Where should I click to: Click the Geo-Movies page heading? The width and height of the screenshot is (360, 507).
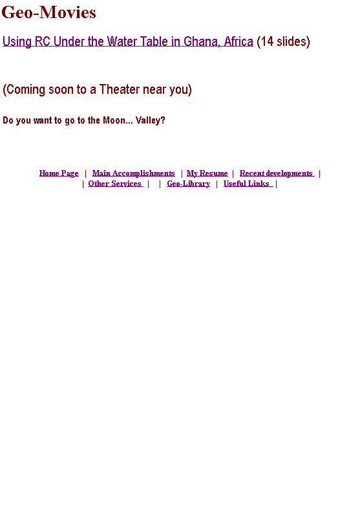click(x=49, y=13)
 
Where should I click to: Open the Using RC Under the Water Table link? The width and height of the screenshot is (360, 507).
click(x=128, y=41)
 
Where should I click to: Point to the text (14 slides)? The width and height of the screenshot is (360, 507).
click(x=283, y=41)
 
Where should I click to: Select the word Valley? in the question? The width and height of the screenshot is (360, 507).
click(x=150, y=120)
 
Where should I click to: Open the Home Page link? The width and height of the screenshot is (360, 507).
click(x=59, y=173)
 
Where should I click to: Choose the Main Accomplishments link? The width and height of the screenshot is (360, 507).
click(x=133, y=173)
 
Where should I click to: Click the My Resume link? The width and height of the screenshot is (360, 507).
click(x=207, y=173)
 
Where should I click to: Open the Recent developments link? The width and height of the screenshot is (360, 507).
click(x=277, y=173)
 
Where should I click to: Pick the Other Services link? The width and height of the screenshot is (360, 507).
click(x=115, y=184)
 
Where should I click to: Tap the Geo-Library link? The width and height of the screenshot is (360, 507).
click(x=189, y=184)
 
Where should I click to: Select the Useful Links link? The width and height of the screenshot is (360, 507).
click(x=248, y=184)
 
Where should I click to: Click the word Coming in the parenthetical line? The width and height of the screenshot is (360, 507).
click(x=24, y=89)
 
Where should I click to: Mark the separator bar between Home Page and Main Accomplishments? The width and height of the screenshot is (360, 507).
click(x=85, y=173)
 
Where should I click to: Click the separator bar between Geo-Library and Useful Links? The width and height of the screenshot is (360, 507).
click(x=217, y=184)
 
